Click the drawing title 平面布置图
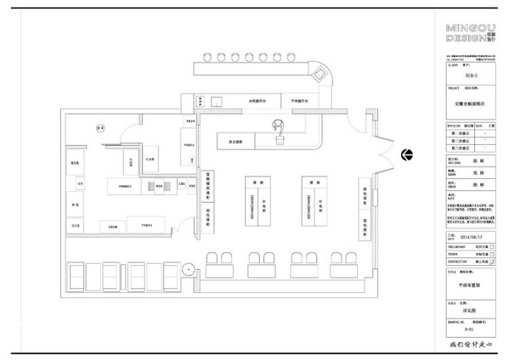(x=470, y=284)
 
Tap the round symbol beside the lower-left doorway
(x=187, y=270)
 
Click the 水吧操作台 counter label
(x=257, y=101)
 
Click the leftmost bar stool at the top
(x=207, y=57)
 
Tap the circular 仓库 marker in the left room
(x=99, y=129)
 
